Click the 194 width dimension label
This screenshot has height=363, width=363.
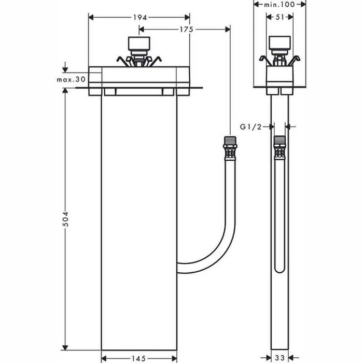(139, 17)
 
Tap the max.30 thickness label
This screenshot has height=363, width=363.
(71, 79)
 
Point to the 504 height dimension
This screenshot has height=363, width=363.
(65, 218)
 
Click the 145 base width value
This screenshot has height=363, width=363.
(138, 357)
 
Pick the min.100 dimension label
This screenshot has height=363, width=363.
(280, 4)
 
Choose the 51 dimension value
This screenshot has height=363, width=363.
(280, 17)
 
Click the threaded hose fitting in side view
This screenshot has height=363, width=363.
(280, 147)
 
